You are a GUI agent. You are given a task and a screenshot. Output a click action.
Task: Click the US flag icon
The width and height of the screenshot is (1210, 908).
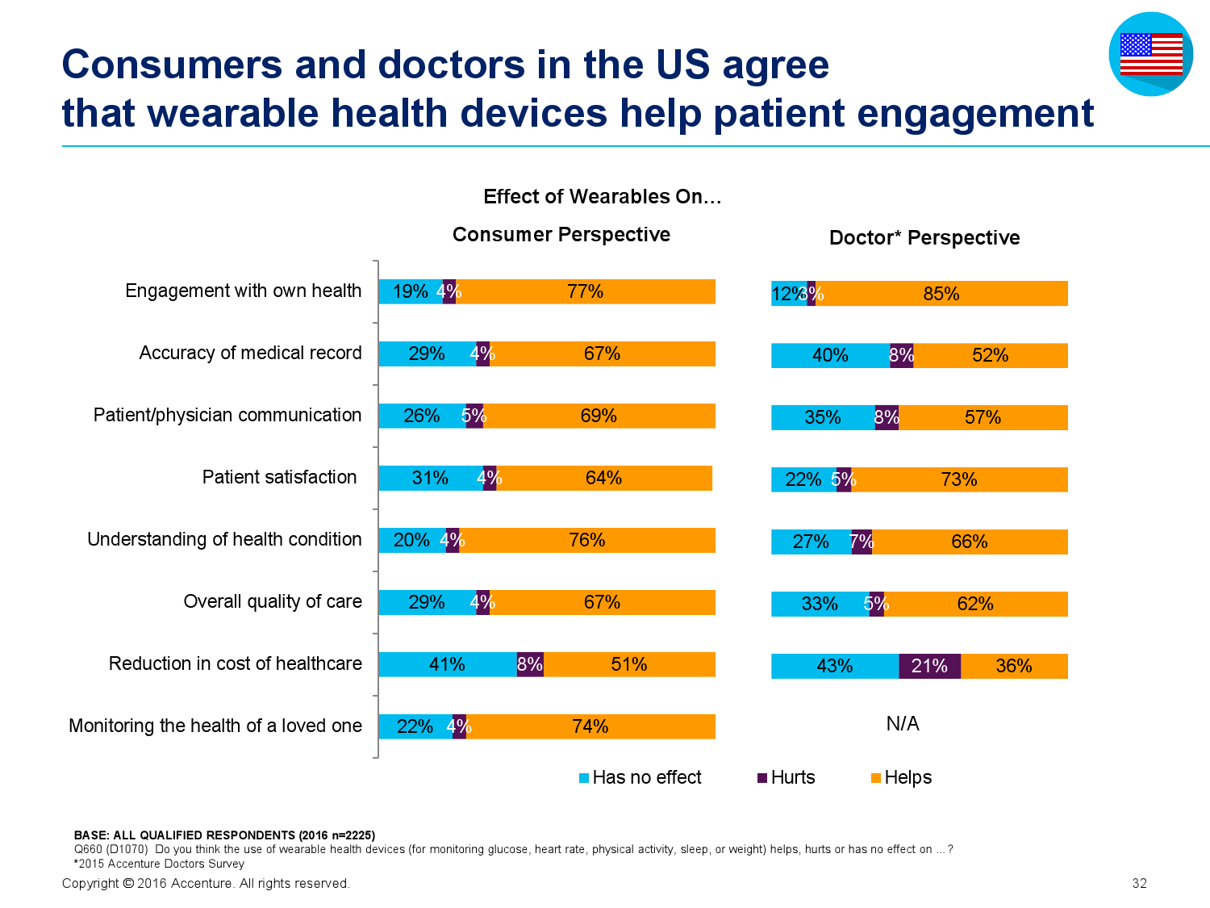tap(1150, 54)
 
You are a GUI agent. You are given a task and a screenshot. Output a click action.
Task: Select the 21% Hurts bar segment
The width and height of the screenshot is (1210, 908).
tap(928, 665)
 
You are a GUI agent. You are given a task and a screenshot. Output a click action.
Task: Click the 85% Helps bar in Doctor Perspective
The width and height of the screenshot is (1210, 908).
tap(941, 293)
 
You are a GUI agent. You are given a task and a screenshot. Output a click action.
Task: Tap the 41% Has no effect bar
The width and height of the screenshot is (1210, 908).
tap(447, 663)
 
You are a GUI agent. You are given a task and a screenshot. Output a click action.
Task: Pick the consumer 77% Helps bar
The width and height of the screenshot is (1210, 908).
tap(585, 291)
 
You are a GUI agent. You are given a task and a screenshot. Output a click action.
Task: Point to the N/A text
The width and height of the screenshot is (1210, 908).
tap(902, 723)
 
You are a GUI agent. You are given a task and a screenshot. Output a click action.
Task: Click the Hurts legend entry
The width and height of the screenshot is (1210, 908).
tap(786, 777)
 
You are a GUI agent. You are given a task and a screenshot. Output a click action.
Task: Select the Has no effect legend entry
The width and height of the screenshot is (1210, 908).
tap(640, 777)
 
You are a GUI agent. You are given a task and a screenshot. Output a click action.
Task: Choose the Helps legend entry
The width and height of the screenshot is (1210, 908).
tap(901, 777)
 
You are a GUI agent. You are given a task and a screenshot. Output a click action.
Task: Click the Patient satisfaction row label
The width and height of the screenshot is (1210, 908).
tap(279, 477)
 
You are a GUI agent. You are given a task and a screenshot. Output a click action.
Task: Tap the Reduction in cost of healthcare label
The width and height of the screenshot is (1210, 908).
tap(235, 663)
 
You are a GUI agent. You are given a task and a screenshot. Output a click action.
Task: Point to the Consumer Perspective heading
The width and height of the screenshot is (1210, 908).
tap(561, 234)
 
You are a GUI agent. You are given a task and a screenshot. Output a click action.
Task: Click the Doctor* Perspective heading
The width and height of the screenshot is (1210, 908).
tap(924, 237)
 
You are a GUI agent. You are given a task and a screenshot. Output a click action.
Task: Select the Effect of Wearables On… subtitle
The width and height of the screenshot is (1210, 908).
tap(602, 196)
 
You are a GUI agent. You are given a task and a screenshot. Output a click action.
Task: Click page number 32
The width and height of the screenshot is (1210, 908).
tap(1139, 883)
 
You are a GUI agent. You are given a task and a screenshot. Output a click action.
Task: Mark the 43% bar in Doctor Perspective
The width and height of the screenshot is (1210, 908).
tap(835, 665)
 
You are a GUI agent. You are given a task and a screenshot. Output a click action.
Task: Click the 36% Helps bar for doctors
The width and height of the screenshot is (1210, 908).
tap(1013, 665)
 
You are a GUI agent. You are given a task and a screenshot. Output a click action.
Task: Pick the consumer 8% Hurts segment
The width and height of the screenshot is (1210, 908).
tap(530, 663)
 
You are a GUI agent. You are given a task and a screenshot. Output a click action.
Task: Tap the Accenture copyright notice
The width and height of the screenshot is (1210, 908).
tap(206, 883)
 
